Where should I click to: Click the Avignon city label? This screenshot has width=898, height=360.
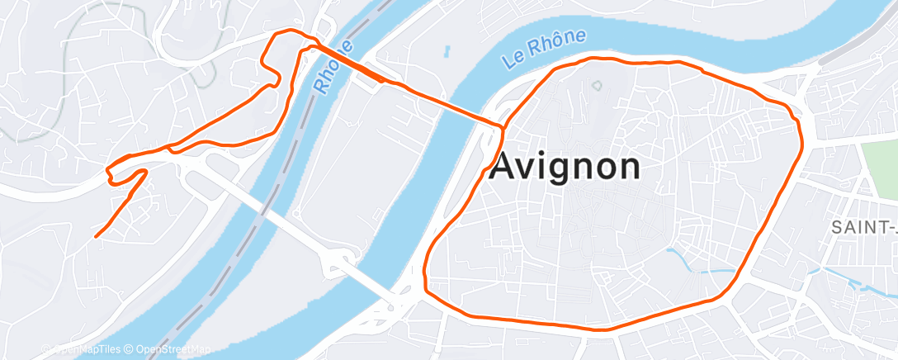[x=565, y=167]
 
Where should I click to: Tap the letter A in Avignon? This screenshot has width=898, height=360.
[x=503, y=167]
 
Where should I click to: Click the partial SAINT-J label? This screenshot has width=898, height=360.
[x=863, y=226]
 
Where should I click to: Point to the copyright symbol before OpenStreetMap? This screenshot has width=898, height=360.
[x=130, y=350]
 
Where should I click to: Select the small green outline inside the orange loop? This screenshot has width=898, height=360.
[x=597, y=85]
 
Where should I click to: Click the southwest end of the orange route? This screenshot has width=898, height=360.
[x=97, y=236]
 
